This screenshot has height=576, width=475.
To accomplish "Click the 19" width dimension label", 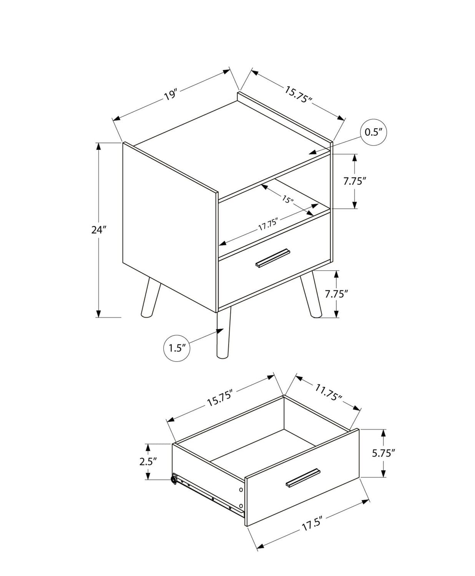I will tap(171, 95).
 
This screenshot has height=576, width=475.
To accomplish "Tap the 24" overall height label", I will tap(98, 230).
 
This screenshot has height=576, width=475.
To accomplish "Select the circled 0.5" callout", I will tap(373, 132).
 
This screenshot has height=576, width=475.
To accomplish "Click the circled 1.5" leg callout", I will tap(177, 348).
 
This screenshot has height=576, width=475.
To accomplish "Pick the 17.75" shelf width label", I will tap(267, 224).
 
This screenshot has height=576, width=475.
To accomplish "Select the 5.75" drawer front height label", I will tap(383, 453).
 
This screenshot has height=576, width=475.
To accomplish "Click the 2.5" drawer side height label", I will tap(148, 461).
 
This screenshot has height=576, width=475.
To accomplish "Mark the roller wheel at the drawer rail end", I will tap(174, 480).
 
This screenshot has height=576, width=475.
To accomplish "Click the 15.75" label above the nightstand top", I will tap(297, 94).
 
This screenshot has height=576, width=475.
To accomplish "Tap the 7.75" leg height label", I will tap(336, 294).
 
